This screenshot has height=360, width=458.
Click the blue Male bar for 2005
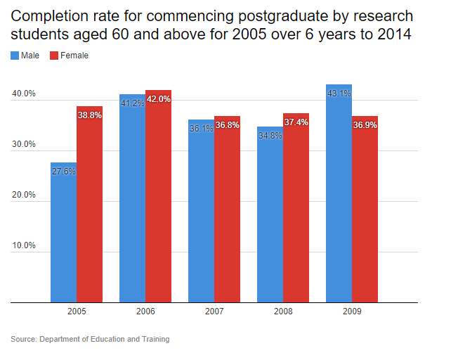[63, 232]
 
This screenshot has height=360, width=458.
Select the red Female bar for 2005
[89, 204]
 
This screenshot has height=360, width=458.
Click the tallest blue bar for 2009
[339, 193]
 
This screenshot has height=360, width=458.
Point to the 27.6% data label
[63, 171]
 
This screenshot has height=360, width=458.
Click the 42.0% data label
[159, 99]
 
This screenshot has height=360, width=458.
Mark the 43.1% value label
[339, 94]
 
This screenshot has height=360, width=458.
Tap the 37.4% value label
[296, 122]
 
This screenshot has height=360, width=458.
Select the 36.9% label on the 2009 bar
[365, 125]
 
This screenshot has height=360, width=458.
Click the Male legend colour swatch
[15, 56]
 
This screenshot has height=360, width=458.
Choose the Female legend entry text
[75, 56]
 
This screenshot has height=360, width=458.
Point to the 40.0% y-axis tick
[24, 94]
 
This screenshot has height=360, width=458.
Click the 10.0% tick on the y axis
[24, 246]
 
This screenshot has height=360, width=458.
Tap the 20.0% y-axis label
[24, 195]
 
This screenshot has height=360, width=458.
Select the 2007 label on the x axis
[214, 311]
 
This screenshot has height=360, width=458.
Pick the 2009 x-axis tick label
[352, 311]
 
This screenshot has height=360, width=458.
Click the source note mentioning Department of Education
[90, 340]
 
